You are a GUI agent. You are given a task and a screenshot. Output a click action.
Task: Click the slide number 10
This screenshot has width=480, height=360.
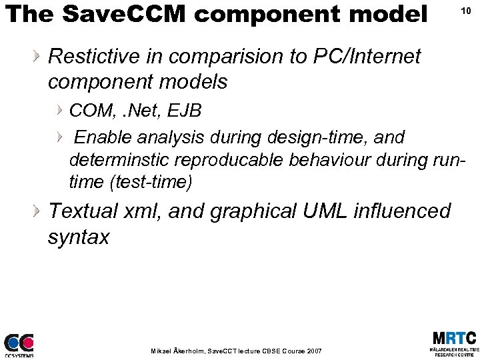click(466, 11)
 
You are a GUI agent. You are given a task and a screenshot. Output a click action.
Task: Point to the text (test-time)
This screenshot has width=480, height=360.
click(152, 182)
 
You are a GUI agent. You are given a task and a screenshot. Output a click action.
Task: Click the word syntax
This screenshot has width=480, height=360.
click(78, 237)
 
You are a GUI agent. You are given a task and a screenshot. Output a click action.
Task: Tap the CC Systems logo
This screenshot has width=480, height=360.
click(19, 345)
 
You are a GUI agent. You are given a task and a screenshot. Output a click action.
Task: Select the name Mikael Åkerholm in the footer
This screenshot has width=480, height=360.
click(179, 351)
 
